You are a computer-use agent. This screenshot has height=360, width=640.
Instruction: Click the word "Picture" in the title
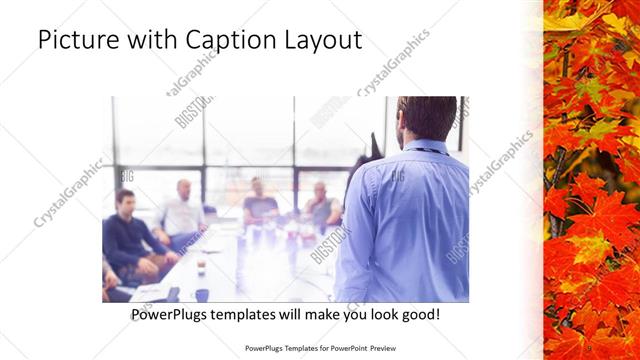pyautogui.click(x=78, y=40)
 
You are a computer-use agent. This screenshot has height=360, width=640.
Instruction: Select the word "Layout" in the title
pyautogui.click(x=321, y=40)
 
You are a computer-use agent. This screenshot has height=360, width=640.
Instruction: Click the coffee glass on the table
pyautogui.click(x=201, y=265)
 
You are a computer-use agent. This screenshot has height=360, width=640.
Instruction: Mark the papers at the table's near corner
pyautogui.click(x=150, y=292)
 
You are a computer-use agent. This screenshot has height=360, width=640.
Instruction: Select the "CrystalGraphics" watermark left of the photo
pyautogui.click(x=68, y=192)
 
